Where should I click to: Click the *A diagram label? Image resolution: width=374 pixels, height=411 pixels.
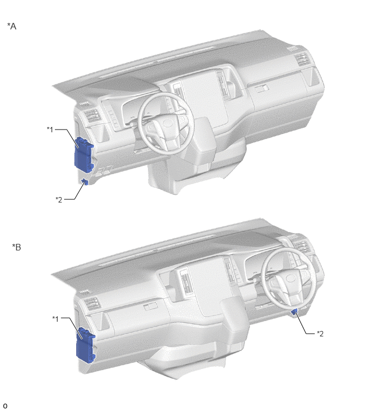(x=12, y=26)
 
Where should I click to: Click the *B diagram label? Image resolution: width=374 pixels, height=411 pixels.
(x=16, y=247)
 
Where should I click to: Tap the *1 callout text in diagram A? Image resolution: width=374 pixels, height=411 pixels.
(x=50, y=129)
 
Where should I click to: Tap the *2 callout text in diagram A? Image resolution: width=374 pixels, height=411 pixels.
(x=59, y=199)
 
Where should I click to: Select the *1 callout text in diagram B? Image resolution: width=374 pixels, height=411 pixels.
(x=55, y=318)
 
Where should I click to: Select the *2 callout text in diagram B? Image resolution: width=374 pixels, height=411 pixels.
(x=320, y=333)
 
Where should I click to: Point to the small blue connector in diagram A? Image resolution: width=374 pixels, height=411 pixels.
(x=85, y=181)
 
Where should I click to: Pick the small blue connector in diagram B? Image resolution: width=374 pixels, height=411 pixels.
(x=295, y=312)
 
